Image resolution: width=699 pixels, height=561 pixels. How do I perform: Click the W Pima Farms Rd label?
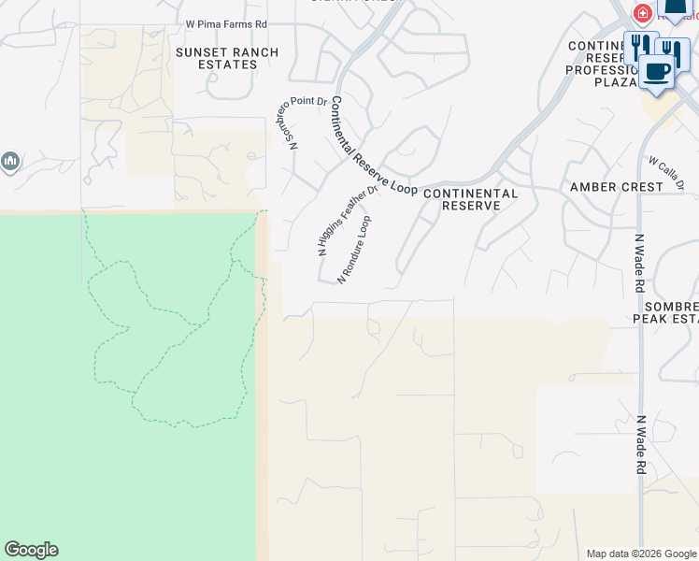226,22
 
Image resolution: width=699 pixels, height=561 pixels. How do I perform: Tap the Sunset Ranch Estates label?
228,58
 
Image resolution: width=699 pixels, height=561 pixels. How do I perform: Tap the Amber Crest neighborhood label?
616,187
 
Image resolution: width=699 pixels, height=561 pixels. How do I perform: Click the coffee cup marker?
657,70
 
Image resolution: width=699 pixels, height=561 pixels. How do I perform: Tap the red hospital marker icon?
643,13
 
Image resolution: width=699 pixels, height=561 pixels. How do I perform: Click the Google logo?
31,550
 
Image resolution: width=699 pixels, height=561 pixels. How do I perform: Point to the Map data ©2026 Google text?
641,554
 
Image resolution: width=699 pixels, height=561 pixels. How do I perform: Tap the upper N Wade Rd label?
641,265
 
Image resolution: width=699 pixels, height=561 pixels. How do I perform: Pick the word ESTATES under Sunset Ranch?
228,65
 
